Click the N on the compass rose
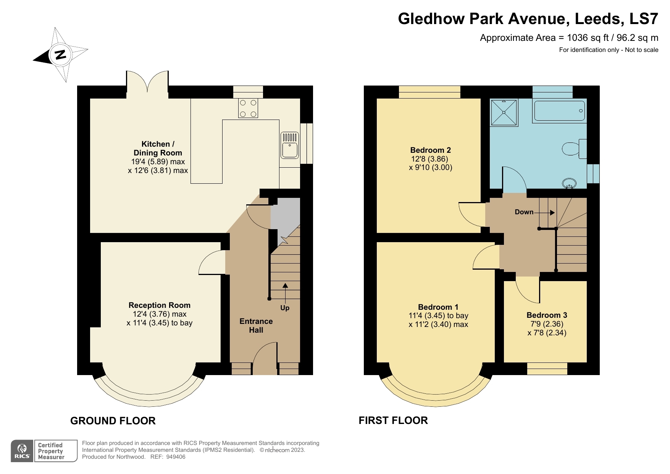click(x=60, y=55)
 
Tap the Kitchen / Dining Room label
click(x=158, y=148)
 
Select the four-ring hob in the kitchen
click(x=248, y=108)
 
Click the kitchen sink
click(x=290, y=145)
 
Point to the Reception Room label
click(x=159, y=305)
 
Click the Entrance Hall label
click(x=256, y=325)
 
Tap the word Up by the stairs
click(x=285, y=308)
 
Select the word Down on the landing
click(x=524, y=212)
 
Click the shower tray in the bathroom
click(x=504, y=112)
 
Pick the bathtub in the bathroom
click(x=559, y=111)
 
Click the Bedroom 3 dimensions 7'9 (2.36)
click(x=547, y=324)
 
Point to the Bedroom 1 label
click(x=438, y=307)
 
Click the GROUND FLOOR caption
click(x=113, y=421)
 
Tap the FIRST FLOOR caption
click(x=393, y=421)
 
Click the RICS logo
click(x=22, y=451)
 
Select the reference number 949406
click(x=176, y=457)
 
